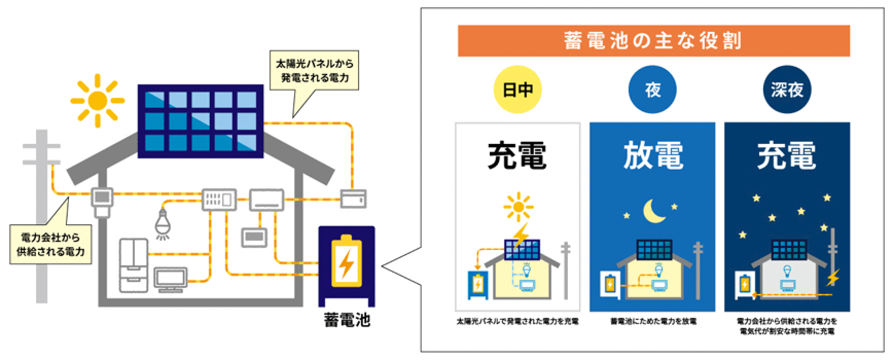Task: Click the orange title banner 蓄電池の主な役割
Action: tap(653, 41)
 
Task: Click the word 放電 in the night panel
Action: tap(653, 155)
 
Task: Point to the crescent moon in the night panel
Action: tap(653, 210)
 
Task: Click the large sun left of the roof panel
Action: tap(97, 100)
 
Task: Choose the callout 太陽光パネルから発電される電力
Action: tap(314, 71)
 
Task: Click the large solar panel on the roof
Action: tap(200, 121)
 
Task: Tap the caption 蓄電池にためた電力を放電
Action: tap(653, 321)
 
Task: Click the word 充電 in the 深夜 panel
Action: tap(787, 155)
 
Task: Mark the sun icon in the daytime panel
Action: tap(517, 207)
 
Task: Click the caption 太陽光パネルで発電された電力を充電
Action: tap(517, 321)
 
